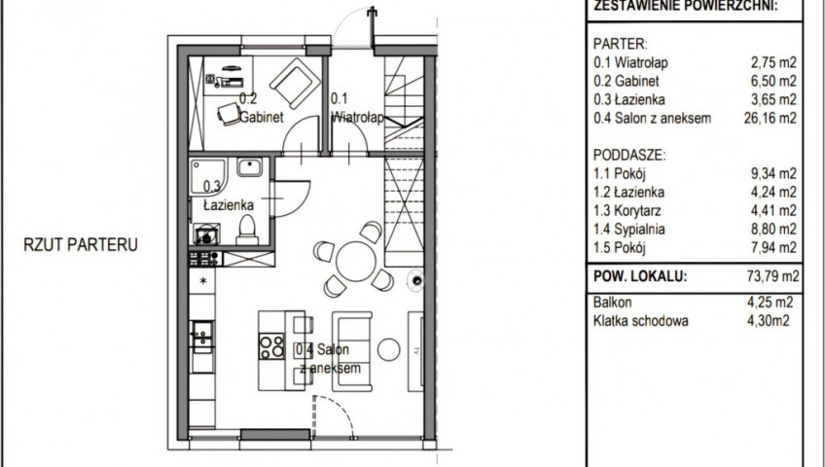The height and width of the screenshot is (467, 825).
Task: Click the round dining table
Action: [x=356, y=262]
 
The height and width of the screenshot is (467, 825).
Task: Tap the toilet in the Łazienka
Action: [x=246, y=231]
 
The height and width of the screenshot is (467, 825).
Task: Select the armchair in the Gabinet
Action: [x=295, y=83]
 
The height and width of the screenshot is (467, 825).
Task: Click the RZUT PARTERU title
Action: [x=81, y=244]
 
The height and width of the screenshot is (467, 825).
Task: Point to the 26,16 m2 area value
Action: [x=771, y=118]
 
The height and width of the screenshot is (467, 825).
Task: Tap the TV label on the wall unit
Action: [x=415, y=349]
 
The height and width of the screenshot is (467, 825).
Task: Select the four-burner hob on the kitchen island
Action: [x=271, y=346]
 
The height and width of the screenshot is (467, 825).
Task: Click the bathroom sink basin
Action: [x=249, y=167]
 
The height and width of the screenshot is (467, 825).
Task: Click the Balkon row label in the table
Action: [x=613, y=303]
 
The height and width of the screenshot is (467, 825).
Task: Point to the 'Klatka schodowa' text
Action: [x=640, y=321]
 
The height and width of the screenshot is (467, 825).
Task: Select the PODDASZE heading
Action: [x=629, y=155]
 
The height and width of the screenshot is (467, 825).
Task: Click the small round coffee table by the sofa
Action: [x=389, y=349]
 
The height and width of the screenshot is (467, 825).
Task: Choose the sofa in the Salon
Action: [x=351, y=351]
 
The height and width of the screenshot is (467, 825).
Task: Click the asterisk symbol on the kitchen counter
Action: [x=203, y=281]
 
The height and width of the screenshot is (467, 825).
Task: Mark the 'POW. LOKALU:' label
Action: [x=640, y=276]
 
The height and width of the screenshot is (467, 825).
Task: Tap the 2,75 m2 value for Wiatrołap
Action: [x=773, y=62]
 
